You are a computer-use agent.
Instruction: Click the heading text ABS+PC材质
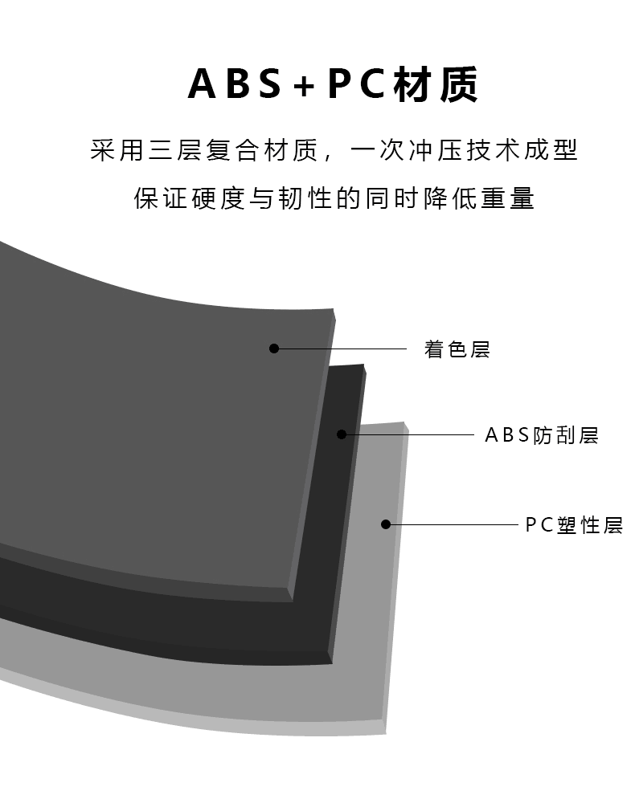click(x=333, y=85)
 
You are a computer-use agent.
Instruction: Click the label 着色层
click(x=457, y=349)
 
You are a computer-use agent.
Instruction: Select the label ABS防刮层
click(x=542, y=435)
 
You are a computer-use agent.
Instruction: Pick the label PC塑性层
click(x=574, y=525)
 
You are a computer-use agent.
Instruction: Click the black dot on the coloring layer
click(x=274, y=349)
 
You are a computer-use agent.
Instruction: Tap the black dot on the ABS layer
click(x=342, y=434)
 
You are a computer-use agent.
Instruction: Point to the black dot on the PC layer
click(x=386, y=524)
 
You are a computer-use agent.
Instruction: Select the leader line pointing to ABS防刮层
click(x=410, y=434)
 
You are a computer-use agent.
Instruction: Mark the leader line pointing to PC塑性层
click(x=454, y=524)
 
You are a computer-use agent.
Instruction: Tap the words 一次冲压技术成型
click(x=466, y=150)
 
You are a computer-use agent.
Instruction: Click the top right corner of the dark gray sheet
click(x=333, y=310)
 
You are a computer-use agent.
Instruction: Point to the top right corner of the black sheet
click(x=363, y=367)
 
